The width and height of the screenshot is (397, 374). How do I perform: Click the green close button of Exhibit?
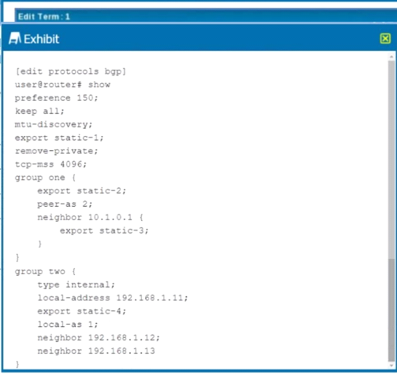(x=385, y=39)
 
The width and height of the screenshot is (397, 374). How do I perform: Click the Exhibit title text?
(x=41, y=39)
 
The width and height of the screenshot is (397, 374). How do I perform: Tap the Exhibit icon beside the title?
(x=15, y=38)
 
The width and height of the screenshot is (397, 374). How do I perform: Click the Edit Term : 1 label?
(x=44, y=17)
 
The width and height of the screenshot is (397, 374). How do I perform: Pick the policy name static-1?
(x=77, y=138)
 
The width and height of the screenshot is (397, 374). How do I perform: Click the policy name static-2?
(x=99, y=191)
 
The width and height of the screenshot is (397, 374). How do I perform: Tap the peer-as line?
(x=65, y=204)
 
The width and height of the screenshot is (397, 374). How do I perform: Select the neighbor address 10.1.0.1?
(x=110, y=217)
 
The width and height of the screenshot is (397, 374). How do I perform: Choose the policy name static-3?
(x=122, y=231)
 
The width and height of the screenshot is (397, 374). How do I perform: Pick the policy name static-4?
(x=99, y=311)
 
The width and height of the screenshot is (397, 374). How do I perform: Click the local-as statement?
(x=67, y=324)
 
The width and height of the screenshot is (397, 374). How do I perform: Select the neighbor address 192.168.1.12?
(x=122, y=338)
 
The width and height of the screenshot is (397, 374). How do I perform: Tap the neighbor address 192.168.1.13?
(x=122, y=351)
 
